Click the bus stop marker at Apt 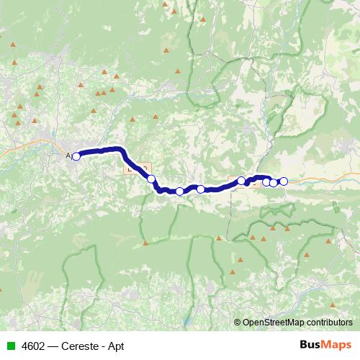(76, 156)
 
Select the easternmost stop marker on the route (284, 181)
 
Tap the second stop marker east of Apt (179, 192)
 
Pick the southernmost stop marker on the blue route (179, 192)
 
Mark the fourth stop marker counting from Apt (241, 181)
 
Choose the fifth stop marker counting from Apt (266, 181)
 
